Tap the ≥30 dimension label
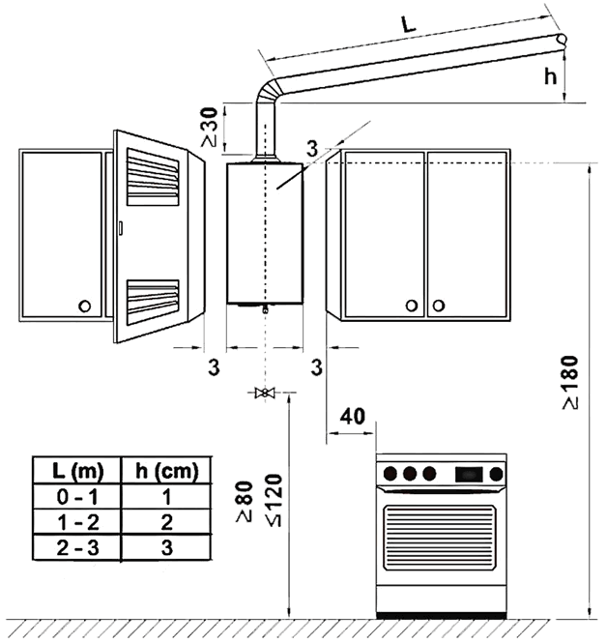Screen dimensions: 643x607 (209, 126)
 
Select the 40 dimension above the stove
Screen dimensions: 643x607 (353, 417)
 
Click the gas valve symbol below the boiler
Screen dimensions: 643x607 (263, 393)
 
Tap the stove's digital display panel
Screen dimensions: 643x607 (468, 474)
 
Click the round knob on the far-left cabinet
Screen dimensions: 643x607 (85, 306)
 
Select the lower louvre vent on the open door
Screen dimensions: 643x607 (153, 300)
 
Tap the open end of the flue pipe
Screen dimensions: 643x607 (562, 40)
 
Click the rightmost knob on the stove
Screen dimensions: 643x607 (496, 474)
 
